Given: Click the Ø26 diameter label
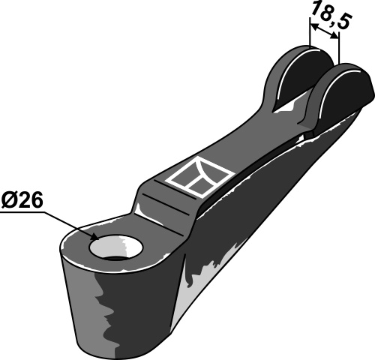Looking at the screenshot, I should click(x=25, y=201).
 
